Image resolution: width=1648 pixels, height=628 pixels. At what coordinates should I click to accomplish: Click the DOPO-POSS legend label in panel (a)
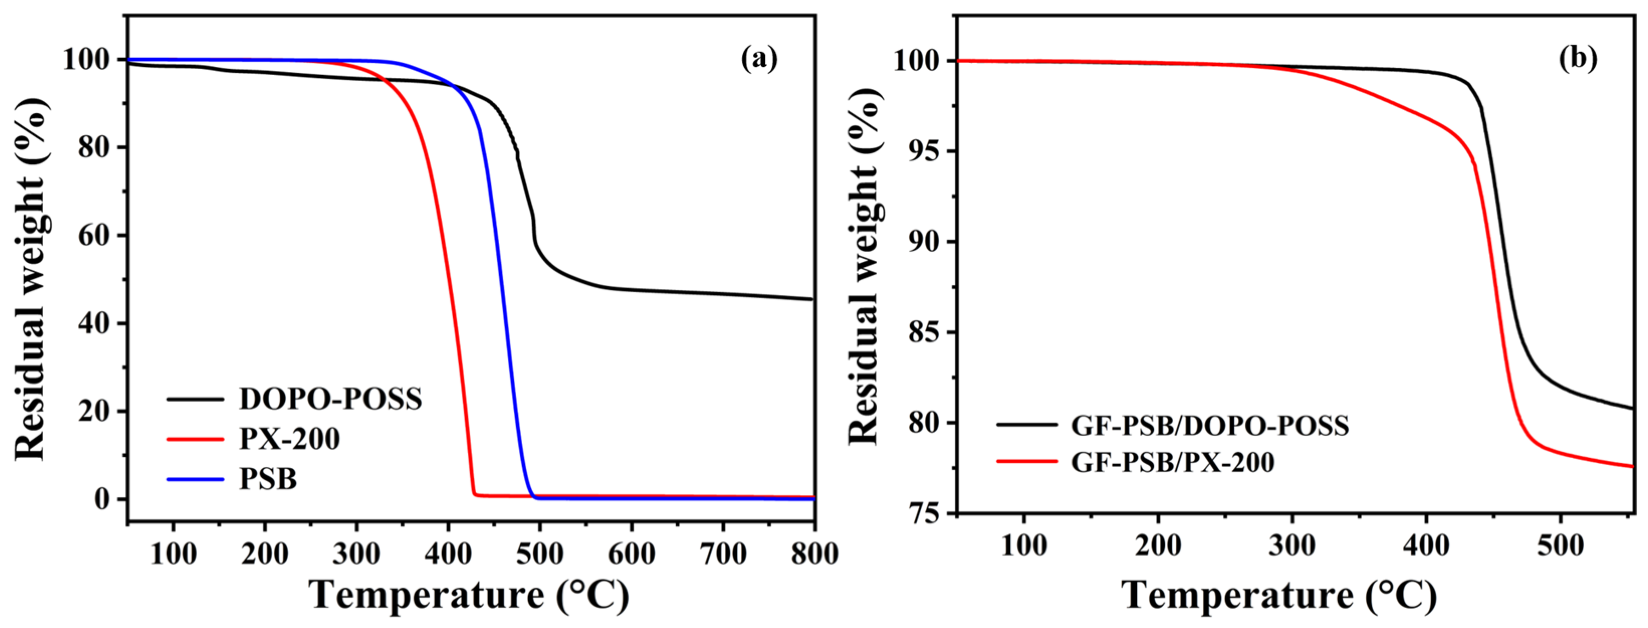point(330,399)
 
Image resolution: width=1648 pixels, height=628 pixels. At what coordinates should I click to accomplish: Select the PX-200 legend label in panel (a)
point(290,439)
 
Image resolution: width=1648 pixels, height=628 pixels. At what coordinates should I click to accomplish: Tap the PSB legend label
point(268,479)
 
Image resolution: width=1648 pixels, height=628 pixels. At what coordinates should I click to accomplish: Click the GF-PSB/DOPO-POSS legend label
point(1210,426)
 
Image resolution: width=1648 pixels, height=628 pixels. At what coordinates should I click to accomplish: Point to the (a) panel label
point(759,59)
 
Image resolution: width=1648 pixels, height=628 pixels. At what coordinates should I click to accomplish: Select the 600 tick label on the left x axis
point(631,554)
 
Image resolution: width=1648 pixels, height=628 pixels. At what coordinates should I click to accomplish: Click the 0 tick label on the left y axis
point(102,499)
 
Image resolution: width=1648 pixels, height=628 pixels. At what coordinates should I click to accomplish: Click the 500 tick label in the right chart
point(1560,546)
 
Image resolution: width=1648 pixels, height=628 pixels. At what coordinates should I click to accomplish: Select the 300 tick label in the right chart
point(1291,546)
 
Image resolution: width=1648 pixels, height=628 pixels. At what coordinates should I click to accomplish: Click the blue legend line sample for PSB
point(195,479)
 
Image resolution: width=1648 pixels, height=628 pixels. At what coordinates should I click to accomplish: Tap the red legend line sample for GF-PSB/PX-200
point(1027,461)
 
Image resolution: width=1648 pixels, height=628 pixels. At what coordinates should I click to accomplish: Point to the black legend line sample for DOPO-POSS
point(195,399)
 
